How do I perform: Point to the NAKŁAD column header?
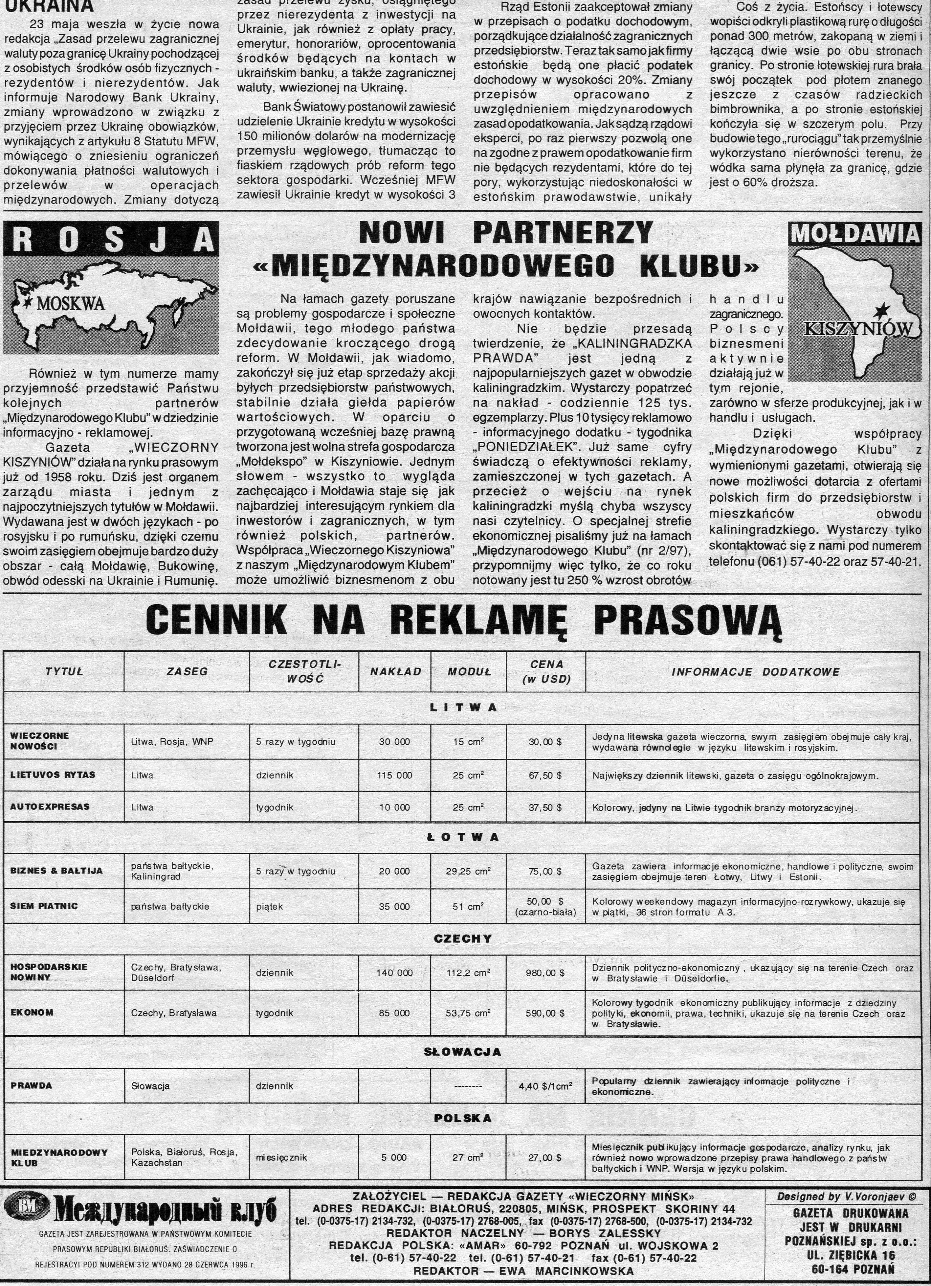395,672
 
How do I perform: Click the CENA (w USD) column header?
546,672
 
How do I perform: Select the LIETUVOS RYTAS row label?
53,775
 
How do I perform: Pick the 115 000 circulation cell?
394,775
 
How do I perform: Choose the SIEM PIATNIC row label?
44,906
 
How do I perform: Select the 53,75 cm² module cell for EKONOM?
468,1013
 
